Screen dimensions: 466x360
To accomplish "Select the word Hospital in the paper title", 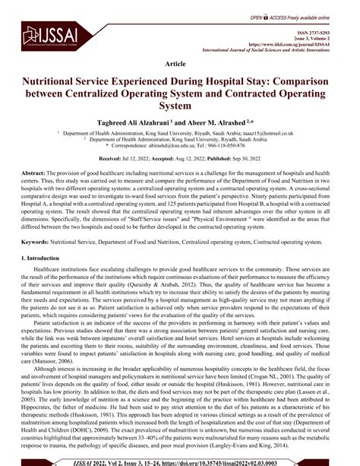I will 253,80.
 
